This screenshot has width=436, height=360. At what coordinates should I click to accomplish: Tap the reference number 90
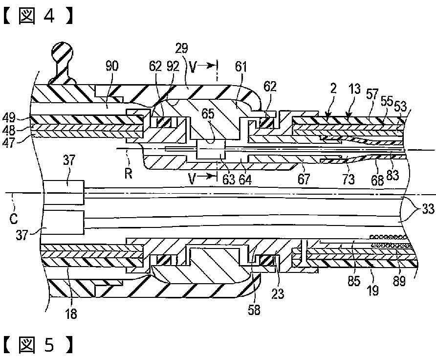pos(112,67)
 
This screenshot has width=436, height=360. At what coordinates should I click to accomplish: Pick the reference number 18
pos(71,314)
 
